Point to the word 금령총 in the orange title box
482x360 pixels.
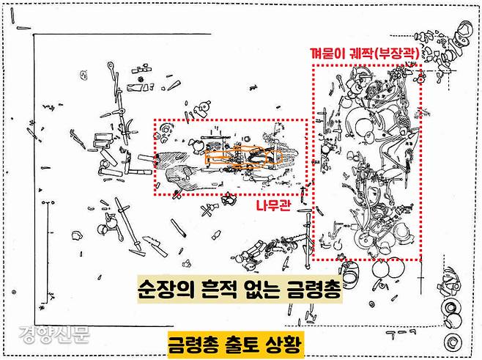point(195,343)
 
